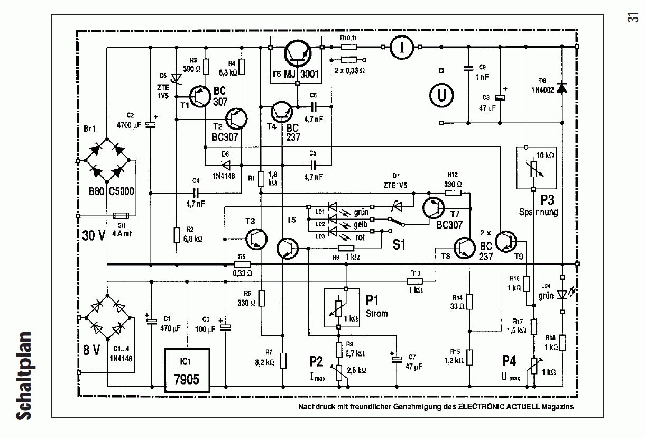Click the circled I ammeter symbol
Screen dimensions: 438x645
[x=402, y=47]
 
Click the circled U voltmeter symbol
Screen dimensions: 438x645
[x=439, y=96]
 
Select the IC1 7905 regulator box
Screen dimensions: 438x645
[x=187, y=370]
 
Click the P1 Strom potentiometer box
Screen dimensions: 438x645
[x=339, y=308]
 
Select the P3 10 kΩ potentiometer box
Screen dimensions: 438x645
[x=535, y=168]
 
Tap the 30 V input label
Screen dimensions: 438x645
[x=94, y=235]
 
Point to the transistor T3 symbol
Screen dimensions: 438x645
[x=257, y=240]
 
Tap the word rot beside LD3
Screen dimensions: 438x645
[x=361, y=236]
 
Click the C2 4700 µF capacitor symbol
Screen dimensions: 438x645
[x=151, y=125]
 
